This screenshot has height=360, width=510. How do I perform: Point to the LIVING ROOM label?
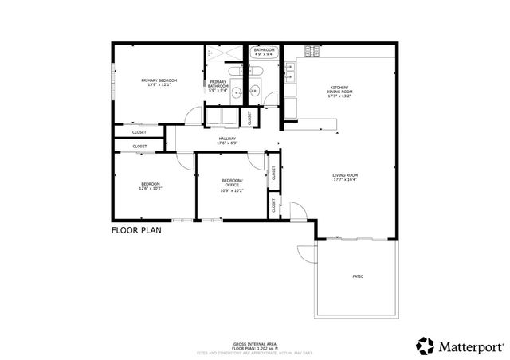345,177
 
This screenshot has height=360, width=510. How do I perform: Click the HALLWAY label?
228,140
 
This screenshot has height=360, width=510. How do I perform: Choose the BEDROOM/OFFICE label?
232,182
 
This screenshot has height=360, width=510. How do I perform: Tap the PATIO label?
358,276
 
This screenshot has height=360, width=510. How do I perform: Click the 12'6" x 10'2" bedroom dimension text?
150,189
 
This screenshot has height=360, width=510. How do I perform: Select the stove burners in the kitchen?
312,52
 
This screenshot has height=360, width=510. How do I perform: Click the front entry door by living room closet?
296,211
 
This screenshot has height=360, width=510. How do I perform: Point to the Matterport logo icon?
425,346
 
